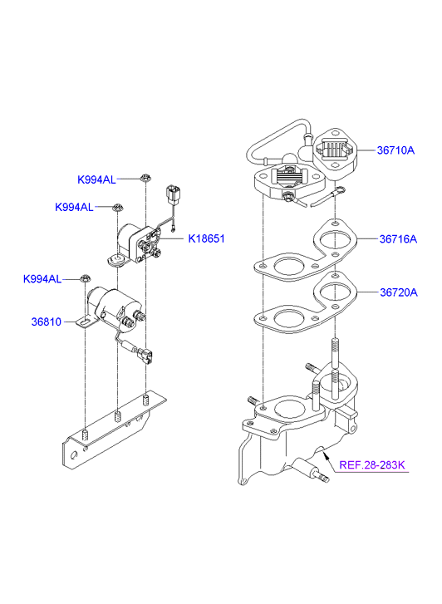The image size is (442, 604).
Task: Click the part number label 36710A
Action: coord(395,150)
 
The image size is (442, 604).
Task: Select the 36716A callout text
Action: coord(398,239)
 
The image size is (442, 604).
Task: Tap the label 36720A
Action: coord(399,292)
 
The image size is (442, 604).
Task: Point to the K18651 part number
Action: coord(206,238)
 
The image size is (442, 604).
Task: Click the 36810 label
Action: coord(47,322)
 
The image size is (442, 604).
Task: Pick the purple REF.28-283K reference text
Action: coord(372,465)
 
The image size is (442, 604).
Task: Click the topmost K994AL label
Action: coord(96,180)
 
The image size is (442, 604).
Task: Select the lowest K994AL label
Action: coord(42,279)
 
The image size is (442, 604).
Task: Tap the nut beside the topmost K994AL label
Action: coord(145,178)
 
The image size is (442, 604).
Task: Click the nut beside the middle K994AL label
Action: coord(117,208)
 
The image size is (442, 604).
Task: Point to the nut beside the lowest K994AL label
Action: coord(85,277)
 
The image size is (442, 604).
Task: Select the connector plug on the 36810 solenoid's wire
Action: coord(145,356)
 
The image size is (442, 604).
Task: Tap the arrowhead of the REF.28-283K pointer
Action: coord(327,456)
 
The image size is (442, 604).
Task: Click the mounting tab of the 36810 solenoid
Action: coord(86,322)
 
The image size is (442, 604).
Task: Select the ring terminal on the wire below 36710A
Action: coord(340,189)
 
